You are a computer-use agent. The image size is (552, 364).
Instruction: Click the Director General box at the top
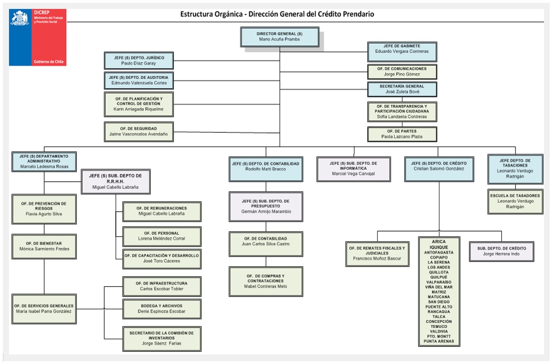(x=280, y=37)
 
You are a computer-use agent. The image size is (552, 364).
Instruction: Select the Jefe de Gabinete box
(x=402, y=52)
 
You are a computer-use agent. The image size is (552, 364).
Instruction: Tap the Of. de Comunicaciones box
(x=402, y=72)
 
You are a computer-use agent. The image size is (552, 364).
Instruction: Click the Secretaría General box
(x=402, y=89)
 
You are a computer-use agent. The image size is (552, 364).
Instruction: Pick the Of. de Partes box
(x=402, y=134)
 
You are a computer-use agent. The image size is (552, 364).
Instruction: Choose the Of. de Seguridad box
(x=139, y=131)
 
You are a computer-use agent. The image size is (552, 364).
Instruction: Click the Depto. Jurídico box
(x=139, y=61)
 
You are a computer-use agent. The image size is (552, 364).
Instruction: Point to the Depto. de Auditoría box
(x=139, y=80)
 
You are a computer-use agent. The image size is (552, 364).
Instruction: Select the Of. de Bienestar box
(x=44, y=247)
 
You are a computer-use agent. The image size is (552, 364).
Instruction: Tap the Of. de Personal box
(x=162, y=236)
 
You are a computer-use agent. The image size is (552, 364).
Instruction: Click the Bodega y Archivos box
(x=162, y=309)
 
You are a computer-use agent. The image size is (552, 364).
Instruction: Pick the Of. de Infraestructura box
(x=162, y=286)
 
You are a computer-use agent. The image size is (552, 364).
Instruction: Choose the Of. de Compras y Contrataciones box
(x=266, y=281)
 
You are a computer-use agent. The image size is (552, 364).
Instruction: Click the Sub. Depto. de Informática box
(x=353, y=169)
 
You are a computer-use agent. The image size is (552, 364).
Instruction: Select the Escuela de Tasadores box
(x=516, y=201)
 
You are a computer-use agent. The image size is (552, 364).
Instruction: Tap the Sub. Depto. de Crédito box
(x=502, y=252)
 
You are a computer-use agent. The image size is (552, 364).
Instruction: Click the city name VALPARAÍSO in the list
(x=439, y=282)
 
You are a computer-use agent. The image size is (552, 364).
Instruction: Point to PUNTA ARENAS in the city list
(x=439, y=341)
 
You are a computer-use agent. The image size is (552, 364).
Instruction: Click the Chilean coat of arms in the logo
(x=20, y=18)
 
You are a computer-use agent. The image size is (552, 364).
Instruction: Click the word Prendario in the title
(x=358, y=14)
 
